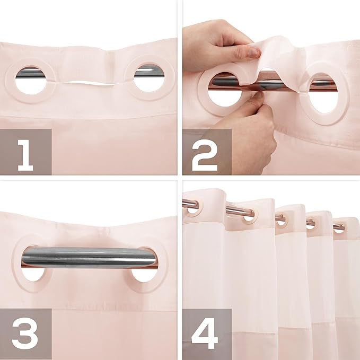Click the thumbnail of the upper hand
tap(254, 51)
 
